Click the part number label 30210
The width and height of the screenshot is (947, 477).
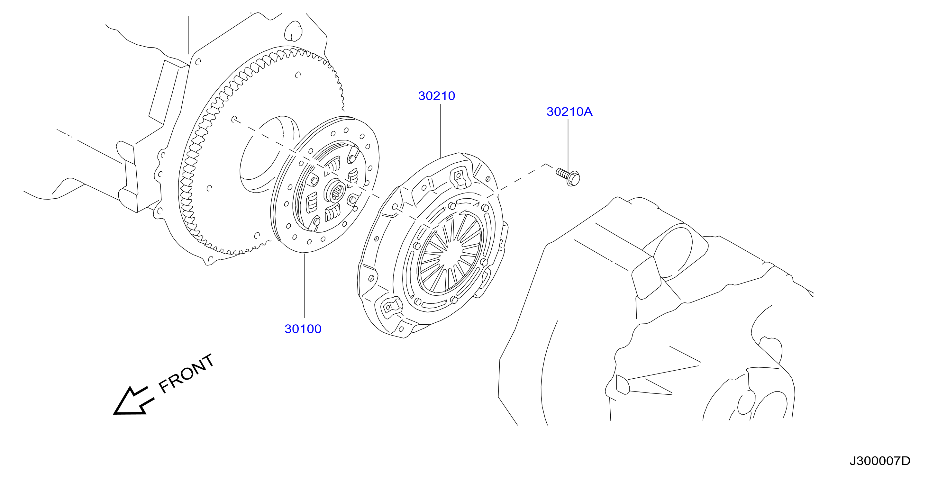coord(436,96)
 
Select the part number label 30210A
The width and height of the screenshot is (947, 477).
coord(569,112)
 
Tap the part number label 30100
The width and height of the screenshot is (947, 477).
coord(303,329)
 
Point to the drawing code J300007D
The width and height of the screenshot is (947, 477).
coord(880,461)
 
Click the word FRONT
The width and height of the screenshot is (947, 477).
coord(187,374)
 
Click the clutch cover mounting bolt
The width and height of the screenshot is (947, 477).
coord(568,177)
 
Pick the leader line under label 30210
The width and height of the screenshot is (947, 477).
coord(441,130)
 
